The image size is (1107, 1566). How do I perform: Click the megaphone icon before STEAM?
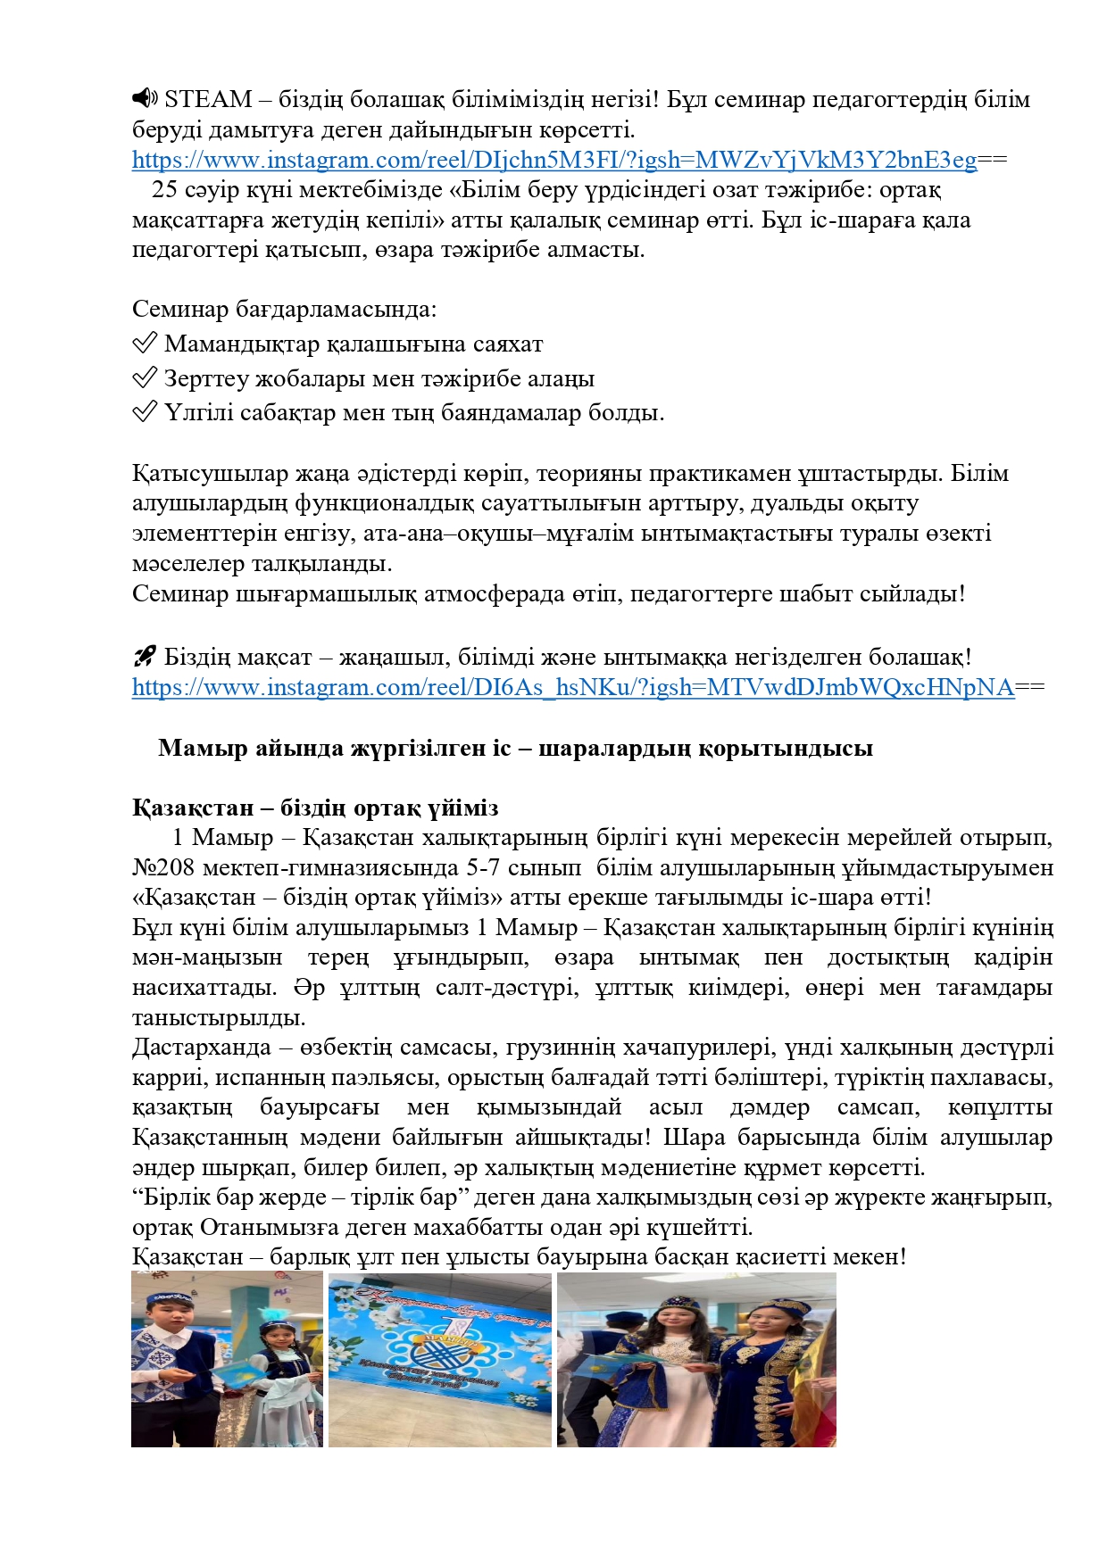[145, 98]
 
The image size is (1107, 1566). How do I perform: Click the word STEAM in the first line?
[208, 99]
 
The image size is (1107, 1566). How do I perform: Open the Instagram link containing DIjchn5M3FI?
[553, 160]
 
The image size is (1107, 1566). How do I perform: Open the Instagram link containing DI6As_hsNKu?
[572, 687]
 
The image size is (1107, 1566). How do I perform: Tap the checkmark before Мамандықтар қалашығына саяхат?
[145, 344]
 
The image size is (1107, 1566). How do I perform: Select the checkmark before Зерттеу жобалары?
[145, 378]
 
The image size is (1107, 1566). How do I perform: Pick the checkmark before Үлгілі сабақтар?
[145, 412]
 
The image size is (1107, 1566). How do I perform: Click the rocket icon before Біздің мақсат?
[145, 657]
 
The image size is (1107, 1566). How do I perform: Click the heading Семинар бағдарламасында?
[284, 310]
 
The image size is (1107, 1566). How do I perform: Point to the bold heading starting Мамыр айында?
[515, 748]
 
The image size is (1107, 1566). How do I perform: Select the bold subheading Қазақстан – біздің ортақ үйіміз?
[315, 808]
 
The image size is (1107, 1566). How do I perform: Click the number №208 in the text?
[163, 867]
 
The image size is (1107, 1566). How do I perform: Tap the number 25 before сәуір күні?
[164, 189]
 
